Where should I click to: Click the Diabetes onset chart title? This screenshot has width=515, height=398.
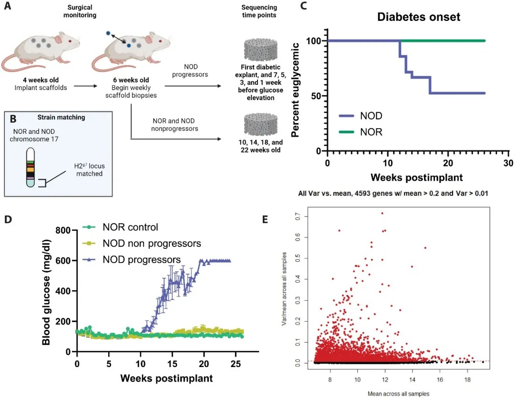419,18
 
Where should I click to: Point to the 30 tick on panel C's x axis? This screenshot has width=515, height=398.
508,162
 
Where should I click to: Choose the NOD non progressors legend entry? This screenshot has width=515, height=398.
152,244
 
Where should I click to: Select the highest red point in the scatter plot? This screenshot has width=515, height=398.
382,213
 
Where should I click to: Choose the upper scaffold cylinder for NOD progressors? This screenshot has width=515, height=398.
260,50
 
